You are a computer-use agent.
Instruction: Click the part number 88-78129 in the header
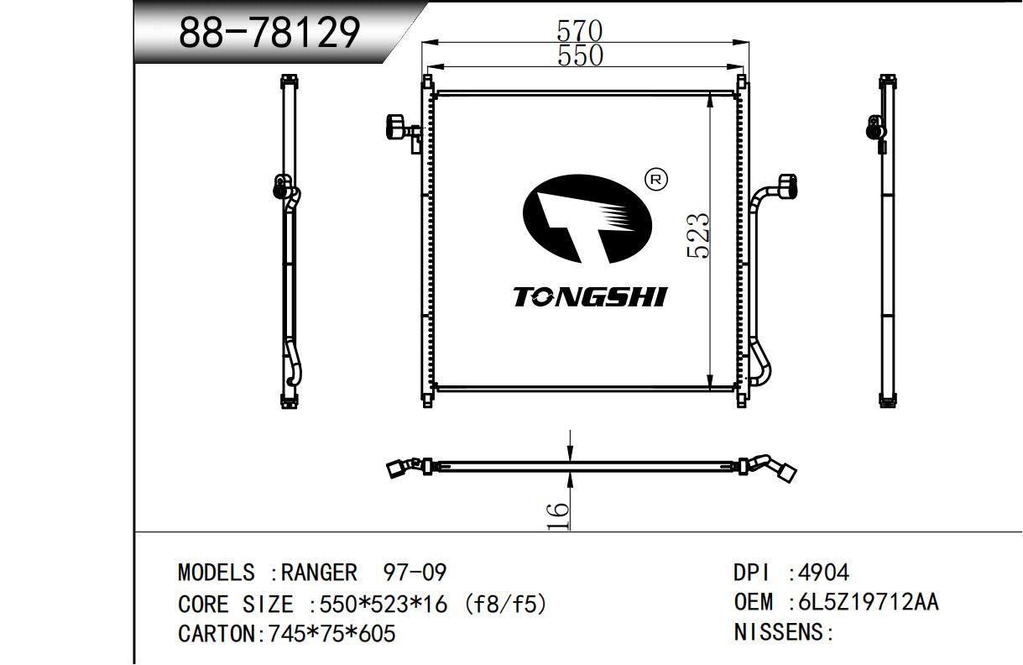click(x=269, y=32)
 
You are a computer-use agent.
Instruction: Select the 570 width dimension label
click(x=580, y=30)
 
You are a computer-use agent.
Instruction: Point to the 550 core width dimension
click(x=581, y=55)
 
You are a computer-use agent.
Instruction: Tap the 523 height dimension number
click(x=698, y=236)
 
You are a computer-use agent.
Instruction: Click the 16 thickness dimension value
click(x=559, y=516)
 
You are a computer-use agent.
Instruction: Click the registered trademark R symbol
click(x=655, y=180)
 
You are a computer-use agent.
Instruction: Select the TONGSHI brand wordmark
click(x=590, y=296)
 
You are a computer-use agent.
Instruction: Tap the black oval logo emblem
click(x=587, y=219)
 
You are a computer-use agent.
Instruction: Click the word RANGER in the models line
click(x=319, y=573)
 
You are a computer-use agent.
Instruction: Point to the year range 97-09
click(x=415, y=573)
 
